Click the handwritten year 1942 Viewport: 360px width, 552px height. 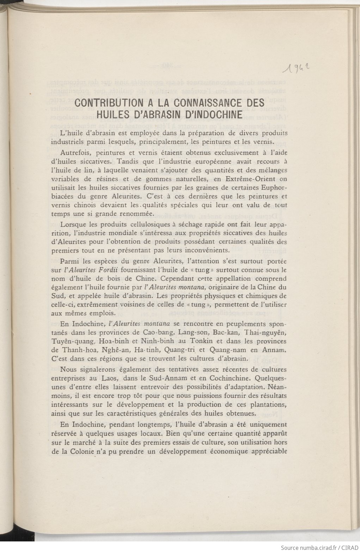tap(297, 65)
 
